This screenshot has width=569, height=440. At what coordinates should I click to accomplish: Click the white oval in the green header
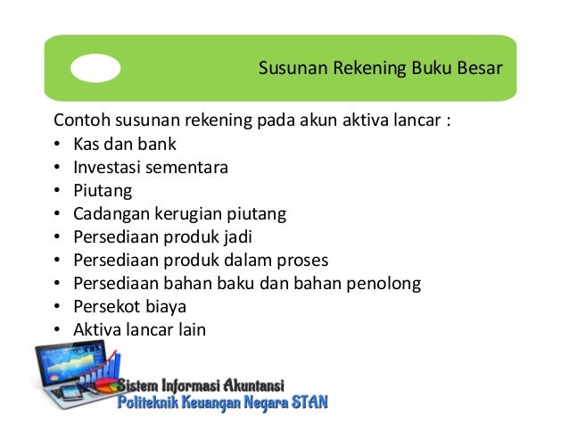coord(95,69)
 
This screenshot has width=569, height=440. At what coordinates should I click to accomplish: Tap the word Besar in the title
coord(480,69)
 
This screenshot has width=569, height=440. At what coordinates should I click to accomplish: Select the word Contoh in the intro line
coord(80,120)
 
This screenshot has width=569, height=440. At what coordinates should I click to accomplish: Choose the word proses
coord(303,260)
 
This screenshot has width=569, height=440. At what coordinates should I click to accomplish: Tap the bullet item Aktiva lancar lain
coord(139,329)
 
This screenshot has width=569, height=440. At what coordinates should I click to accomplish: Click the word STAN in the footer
coord(309,403)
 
